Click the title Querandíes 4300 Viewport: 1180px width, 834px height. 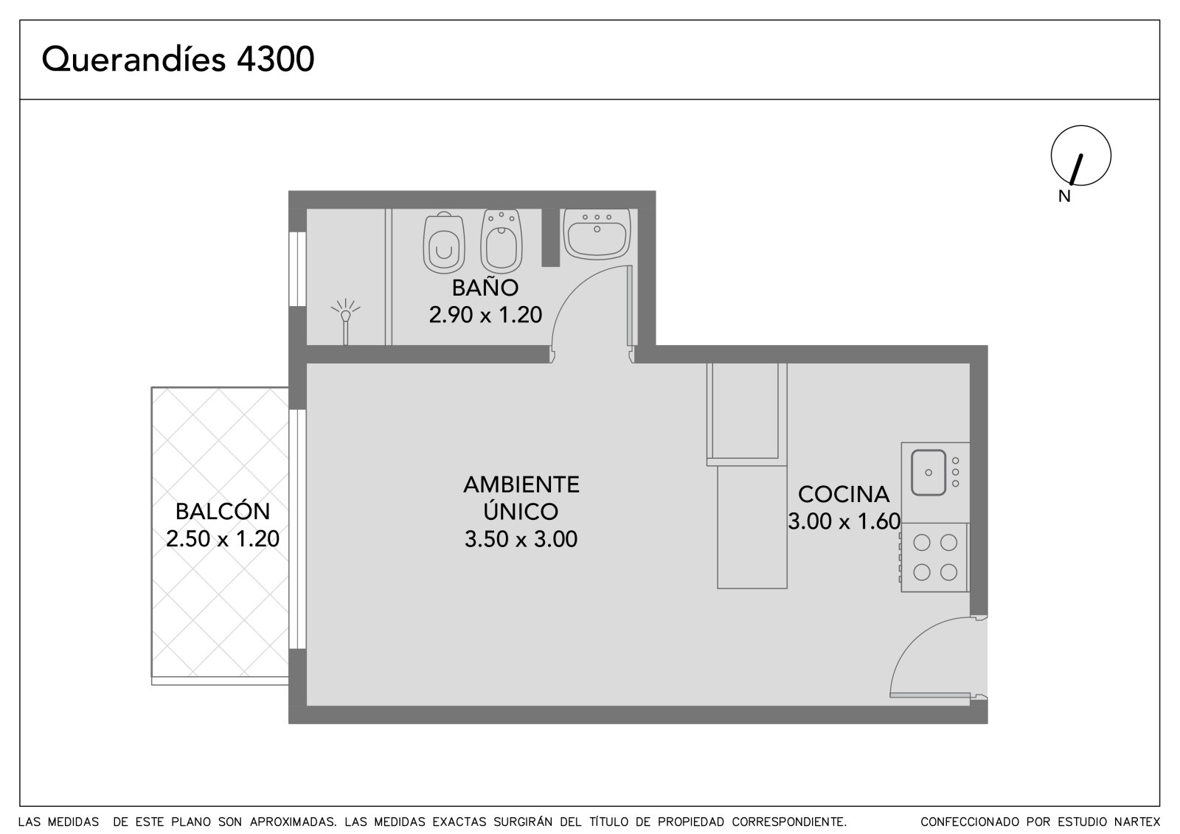tap(178, 59)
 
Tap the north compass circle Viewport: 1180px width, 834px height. tap(1081, 126)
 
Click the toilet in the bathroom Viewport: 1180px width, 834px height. tap(444, 243)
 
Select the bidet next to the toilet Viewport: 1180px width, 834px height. tap(501, 241)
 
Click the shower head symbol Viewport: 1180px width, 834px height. tap(346, 322)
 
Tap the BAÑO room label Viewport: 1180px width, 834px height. tap(485, 287)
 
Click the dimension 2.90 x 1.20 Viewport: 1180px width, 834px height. tap(485, 315)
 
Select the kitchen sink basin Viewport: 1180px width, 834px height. tap(929, 472)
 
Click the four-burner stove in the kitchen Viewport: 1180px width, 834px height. tap(934, 557)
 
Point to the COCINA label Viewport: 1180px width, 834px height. tap(844, 494)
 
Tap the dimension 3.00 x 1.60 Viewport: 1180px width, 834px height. tap(844, 521)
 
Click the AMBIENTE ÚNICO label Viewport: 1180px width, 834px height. tap(521, 498)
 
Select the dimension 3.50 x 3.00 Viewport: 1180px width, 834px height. tap(521, 539)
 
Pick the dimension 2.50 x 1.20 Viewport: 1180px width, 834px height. tap(223, 538)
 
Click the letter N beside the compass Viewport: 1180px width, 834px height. tap(1065, 196)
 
